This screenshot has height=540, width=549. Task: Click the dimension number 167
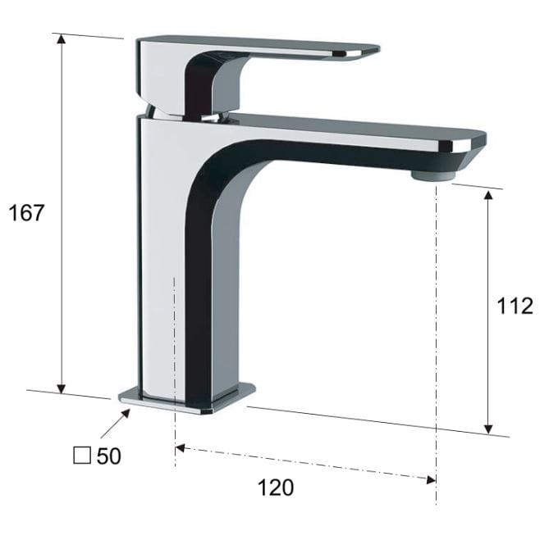[26, 212]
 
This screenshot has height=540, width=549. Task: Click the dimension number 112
[515, 306]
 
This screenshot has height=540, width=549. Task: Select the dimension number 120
[276, 488]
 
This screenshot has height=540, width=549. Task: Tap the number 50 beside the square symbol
[109, 456]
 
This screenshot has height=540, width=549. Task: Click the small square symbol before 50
[82, 456]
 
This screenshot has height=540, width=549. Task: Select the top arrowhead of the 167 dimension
[62, 39]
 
